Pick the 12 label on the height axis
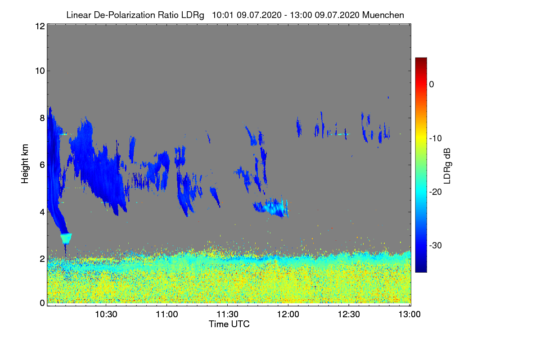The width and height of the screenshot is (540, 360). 40,26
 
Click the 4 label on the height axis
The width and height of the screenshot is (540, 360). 42,211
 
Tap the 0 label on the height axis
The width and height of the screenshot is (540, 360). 42,303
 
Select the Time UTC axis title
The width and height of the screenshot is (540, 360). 229,324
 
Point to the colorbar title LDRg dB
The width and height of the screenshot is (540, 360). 447,166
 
